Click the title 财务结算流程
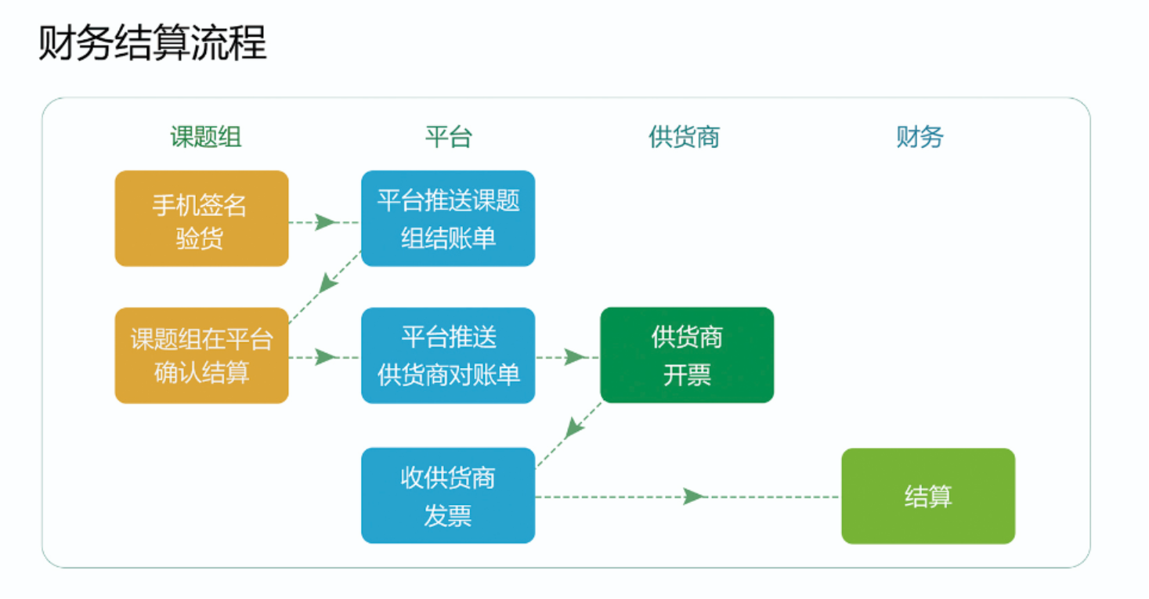click(153, 42)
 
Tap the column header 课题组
click(206, 137)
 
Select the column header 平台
click(448, 137)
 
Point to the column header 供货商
click(684, 137)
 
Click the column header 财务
click(920, 137)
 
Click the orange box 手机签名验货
click(201, 218)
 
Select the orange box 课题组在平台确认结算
click(201, 355)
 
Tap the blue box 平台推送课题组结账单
click(448, 218)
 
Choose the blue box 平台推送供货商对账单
click(448, 355)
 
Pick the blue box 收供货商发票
click(448, 496)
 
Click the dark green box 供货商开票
click(687, 355)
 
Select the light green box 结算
click(928, 496)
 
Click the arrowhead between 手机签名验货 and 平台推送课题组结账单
click(326, 222)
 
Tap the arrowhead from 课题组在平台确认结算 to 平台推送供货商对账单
click(326, 357)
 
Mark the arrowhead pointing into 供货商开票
click(575, 357)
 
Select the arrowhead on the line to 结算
click(695, 496)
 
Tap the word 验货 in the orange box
click(200, 239)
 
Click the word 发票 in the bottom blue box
click(448, 515)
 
